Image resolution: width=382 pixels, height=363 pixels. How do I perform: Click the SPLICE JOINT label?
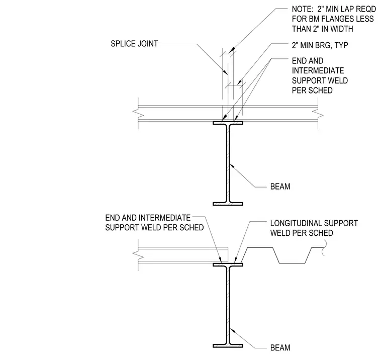(134, 44)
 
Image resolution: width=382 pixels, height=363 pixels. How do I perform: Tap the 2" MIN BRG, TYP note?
(320, 45)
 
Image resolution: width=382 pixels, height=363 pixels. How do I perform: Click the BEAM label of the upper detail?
(280, 187)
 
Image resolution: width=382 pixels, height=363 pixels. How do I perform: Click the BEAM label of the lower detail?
(280, 347)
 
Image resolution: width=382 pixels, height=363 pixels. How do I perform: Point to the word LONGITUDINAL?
(295, 223)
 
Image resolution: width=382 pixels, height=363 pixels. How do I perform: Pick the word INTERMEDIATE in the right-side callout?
(318, 71)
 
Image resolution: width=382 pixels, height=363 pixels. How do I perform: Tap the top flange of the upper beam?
(228, 123)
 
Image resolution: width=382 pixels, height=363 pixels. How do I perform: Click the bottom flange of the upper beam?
(228, 204)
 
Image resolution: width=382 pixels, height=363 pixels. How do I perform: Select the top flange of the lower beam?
(228, 264)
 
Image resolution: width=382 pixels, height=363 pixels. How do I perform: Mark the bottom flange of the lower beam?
(228, 346)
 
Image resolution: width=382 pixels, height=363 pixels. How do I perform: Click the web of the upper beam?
(228, 163)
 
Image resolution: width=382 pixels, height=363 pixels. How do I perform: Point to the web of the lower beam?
(228, 305)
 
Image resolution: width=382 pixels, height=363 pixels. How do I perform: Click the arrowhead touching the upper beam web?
(232, 166)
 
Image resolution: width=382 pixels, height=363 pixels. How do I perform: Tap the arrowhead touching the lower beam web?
(232, 331)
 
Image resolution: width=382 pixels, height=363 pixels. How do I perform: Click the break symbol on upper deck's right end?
(318, 113)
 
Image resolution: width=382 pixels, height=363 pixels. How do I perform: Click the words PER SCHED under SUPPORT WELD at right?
(312, 90)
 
